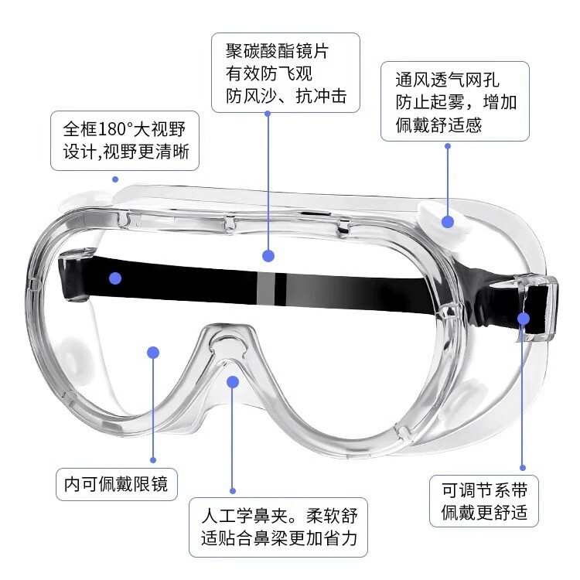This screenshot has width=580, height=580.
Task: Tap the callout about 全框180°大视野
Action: [x=125, y=140]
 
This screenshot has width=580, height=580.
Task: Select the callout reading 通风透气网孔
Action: [x=455, y=101]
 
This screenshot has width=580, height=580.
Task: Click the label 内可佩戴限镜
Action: [x=117, y=486]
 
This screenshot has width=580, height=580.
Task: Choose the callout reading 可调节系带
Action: [x=484, y=500]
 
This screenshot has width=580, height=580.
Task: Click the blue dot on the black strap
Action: [x=115, y=278]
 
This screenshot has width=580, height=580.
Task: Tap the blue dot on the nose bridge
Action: [x=233, y=380]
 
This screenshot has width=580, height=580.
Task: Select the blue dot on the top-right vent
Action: [x=448, y=221]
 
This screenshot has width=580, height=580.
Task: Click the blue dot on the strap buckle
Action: [x=524, y=317]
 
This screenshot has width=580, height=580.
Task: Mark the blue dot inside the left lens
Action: [x=153, y=353]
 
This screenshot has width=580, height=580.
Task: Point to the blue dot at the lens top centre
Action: [x=268, y=254]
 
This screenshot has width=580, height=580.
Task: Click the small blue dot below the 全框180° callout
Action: [x=115, y=179]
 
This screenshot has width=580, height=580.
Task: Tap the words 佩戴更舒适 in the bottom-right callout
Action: [x=484, y=511]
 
